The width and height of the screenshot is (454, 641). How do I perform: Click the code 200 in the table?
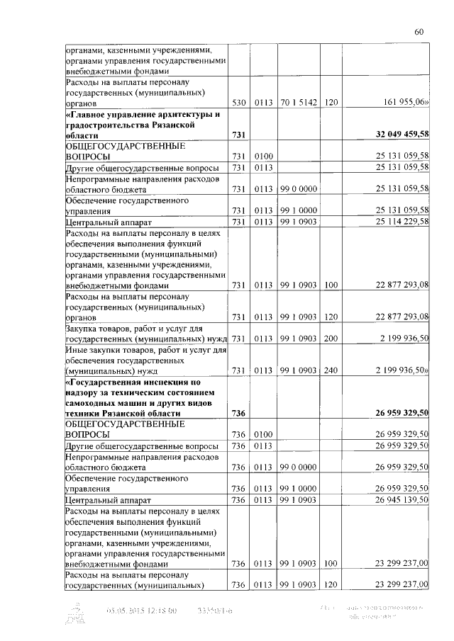pos(330,339)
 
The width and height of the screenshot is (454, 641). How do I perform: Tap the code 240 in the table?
pos(330,370)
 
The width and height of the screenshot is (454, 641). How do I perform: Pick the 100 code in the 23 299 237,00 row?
pos(330,565)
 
